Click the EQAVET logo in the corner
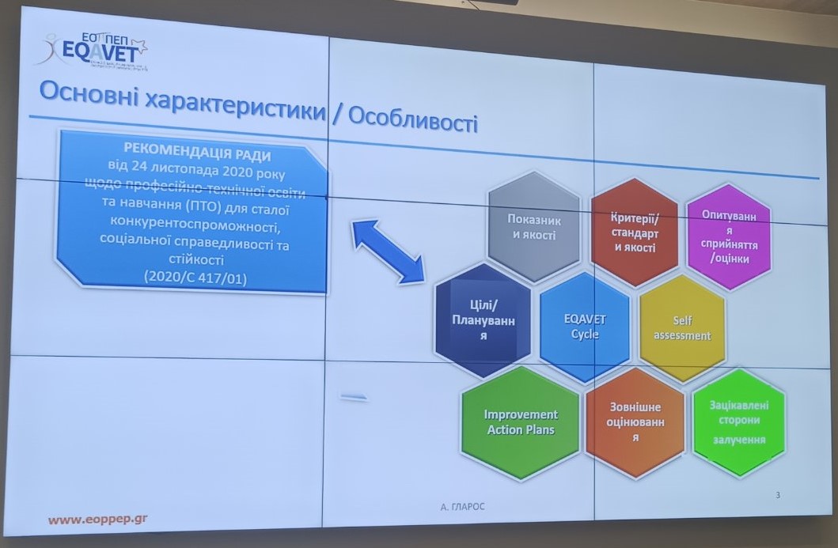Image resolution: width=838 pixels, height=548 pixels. point(92,51)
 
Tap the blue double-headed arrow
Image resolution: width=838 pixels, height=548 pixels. point(389,251)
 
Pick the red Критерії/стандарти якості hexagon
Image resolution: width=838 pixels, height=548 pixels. point(633,231)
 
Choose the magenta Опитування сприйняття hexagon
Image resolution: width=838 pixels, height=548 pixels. point(729,236)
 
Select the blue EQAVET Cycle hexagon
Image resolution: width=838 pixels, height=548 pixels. point(585,326)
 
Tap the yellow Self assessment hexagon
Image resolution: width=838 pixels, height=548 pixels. point(681,329)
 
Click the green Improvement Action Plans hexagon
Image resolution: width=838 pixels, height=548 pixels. point(520,422)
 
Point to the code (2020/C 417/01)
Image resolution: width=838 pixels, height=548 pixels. point(190,276)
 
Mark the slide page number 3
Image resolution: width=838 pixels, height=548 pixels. point(778,496)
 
